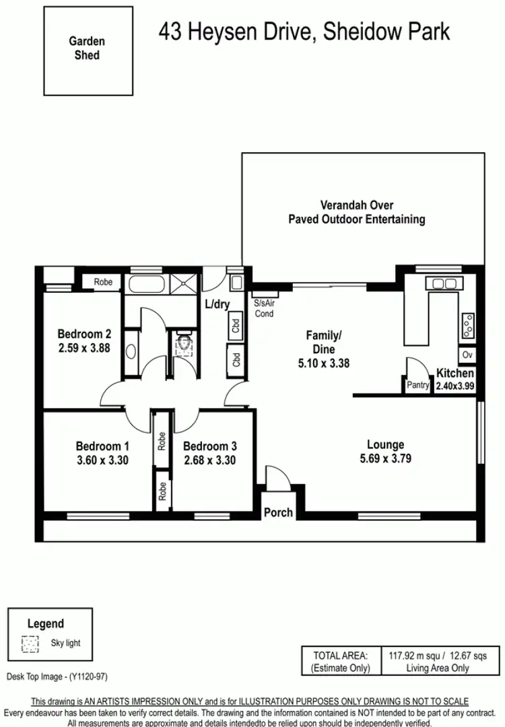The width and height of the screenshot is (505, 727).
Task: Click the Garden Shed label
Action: pyautogui.click(x=86, y=48)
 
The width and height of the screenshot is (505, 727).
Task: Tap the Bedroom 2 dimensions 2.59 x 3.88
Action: pyautogui.click(x=83, y=349)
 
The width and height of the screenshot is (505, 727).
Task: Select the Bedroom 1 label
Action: pyautogui.click(x=102, y=446)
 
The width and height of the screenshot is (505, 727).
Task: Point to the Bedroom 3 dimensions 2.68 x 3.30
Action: pyautogui.click(x=209, y=460)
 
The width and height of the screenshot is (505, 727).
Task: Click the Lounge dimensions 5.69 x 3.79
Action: pyautogui.click(x=385, y=459)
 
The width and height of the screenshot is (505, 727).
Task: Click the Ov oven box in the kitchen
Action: pyautogui.click(x=467, y=355)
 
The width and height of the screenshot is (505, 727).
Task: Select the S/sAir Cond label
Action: pyautogui.click(x=264, y=309)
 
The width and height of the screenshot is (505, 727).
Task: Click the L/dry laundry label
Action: pyautogui.click(x=217, y=304)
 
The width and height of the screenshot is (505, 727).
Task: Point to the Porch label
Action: pyautogui.click(x=278, y=512)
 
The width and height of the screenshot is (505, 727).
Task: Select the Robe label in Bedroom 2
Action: pyautogui.click(x=103, y=282)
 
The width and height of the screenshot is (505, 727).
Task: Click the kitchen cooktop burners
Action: pyautogui.click(x=466, y=326)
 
